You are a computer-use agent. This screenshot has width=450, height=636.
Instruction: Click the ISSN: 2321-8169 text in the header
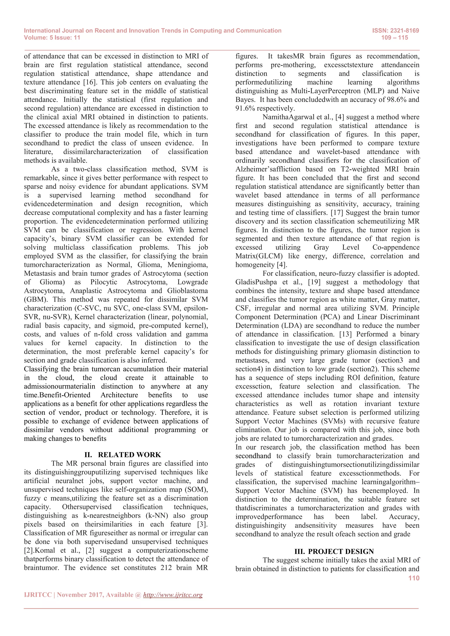[396, 31]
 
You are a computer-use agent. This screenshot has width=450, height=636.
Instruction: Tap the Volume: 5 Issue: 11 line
[52, 38]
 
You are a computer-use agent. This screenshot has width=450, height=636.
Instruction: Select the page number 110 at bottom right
[414, 578]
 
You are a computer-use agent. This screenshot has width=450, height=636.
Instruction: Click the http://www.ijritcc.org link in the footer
[173, 595]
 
